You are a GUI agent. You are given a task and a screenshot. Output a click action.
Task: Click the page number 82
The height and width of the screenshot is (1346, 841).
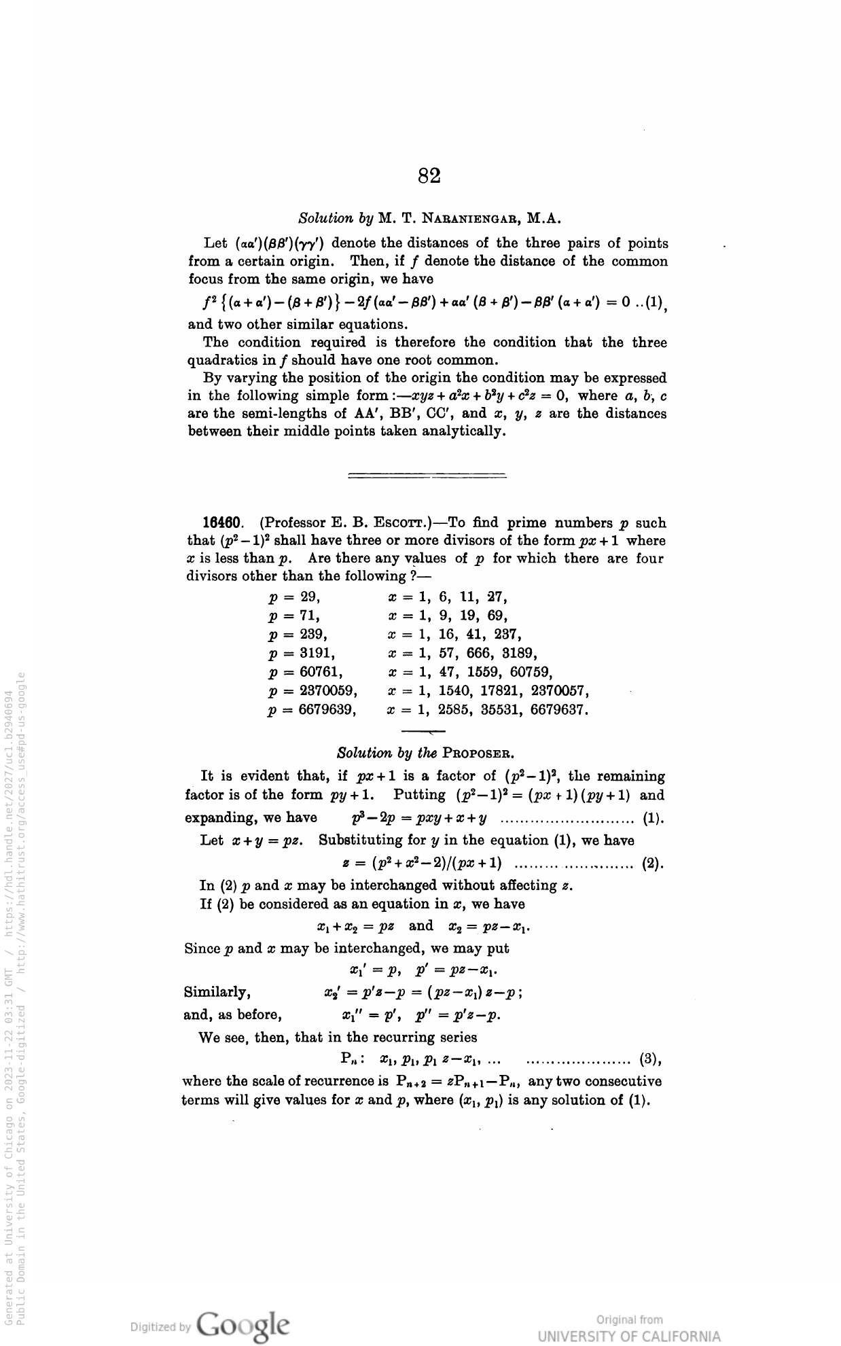pyautogui.click(x=429, y=176)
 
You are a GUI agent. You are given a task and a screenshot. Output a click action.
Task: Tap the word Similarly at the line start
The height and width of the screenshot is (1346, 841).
pyautogui.click(x=217, y=993)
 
